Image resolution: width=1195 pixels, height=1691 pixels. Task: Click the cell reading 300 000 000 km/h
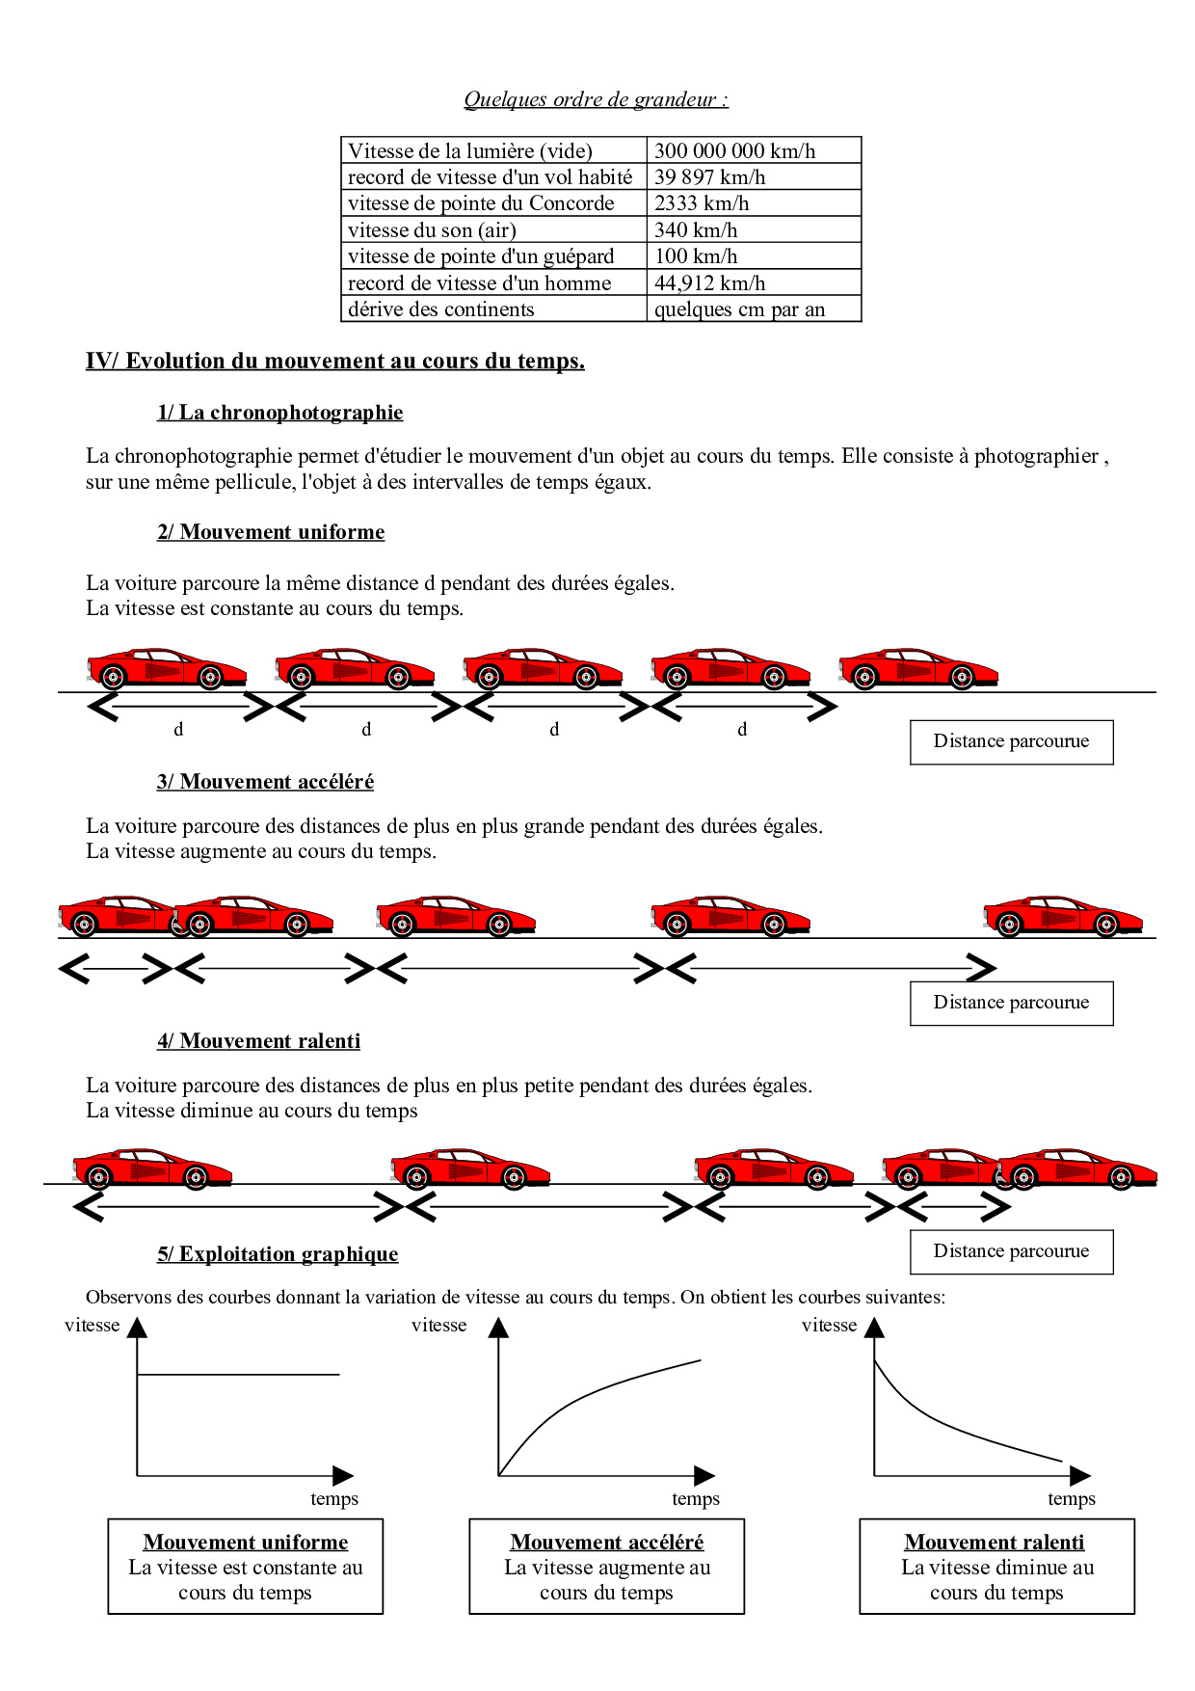click(x=734, y=150)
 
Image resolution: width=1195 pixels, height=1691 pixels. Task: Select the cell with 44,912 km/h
click(x=709, y=282)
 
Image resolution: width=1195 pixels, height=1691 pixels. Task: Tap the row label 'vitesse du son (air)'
click(x=432, y=229)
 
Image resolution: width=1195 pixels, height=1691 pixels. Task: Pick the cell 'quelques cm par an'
click(x=739, y=309)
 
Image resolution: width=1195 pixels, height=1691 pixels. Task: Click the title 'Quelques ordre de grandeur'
click(x=596, y=99)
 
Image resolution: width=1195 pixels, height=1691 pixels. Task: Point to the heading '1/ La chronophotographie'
click(x=279, y=413)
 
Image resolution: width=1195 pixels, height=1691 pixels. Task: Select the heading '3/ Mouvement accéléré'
click(x=265, y=782)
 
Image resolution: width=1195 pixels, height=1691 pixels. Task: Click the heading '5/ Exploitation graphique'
click(x=278, y=1254)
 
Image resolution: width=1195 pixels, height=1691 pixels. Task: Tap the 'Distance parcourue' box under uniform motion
click(x=1011, y=741)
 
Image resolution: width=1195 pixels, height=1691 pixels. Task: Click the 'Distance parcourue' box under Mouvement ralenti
click(x=1011, y=1251)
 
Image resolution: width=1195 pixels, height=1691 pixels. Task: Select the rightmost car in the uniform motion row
click(x=917, y=668)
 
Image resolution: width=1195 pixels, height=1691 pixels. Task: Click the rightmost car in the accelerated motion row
click(x=1062, y=915)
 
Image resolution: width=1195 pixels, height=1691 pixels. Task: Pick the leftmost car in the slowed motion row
click(x=152, y=1168)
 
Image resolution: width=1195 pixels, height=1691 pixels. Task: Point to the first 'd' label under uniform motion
click(x=178, y=730)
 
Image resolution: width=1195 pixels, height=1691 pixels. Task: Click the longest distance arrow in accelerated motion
click(x=831, y=968)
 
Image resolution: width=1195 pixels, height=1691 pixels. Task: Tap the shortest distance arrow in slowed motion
click(x=954, y=1206)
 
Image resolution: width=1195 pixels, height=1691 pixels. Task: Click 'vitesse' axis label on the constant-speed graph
click(x=92, y=1326)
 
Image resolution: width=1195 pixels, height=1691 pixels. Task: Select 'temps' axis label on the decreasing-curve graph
click(x=1071, y=1499)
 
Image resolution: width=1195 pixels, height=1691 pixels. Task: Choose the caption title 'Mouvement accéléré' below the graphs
click(x=606, y=1543)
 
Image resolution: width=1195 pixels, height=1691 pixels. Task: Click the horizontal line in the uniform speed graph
click(x=238, y=1374)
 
